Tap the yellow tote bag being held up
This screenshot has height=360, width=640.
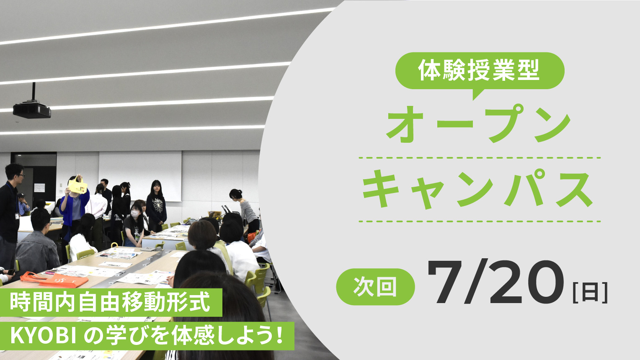click(77, 186)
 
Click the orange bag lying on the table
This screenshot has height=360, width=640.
click(54, 279)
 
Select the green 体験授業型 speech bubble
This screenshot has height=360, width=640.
click(480, 71)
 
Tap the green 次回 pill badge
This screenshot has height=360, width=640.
click(375, 287)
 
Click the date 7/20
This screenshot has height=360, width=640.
click(496, 282)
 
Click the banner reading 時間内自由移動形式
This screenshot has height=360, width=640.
click(111, 302)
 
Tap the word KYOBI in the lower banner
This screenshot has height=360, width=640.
click(43, 337)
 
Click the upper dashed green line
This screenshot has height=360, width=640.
click(480, 157)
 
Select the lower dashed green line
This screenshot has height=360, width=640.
click(480, 221)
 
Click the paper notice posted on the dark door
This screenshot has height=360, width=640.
click(39, 188)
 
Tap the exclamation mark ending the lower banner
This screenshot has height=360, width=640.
click(280, 336)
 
